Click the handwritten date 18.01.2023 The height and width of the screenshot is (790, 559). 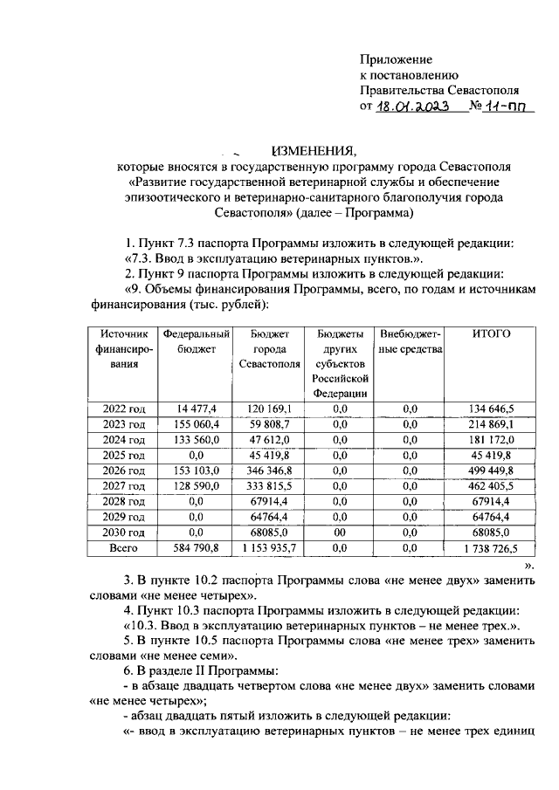[x=411, y=106]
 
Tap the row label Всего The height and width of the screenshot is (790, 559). [x=123, y=548]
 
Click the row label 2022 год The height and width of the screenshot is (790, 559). [x=124, y=408]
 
